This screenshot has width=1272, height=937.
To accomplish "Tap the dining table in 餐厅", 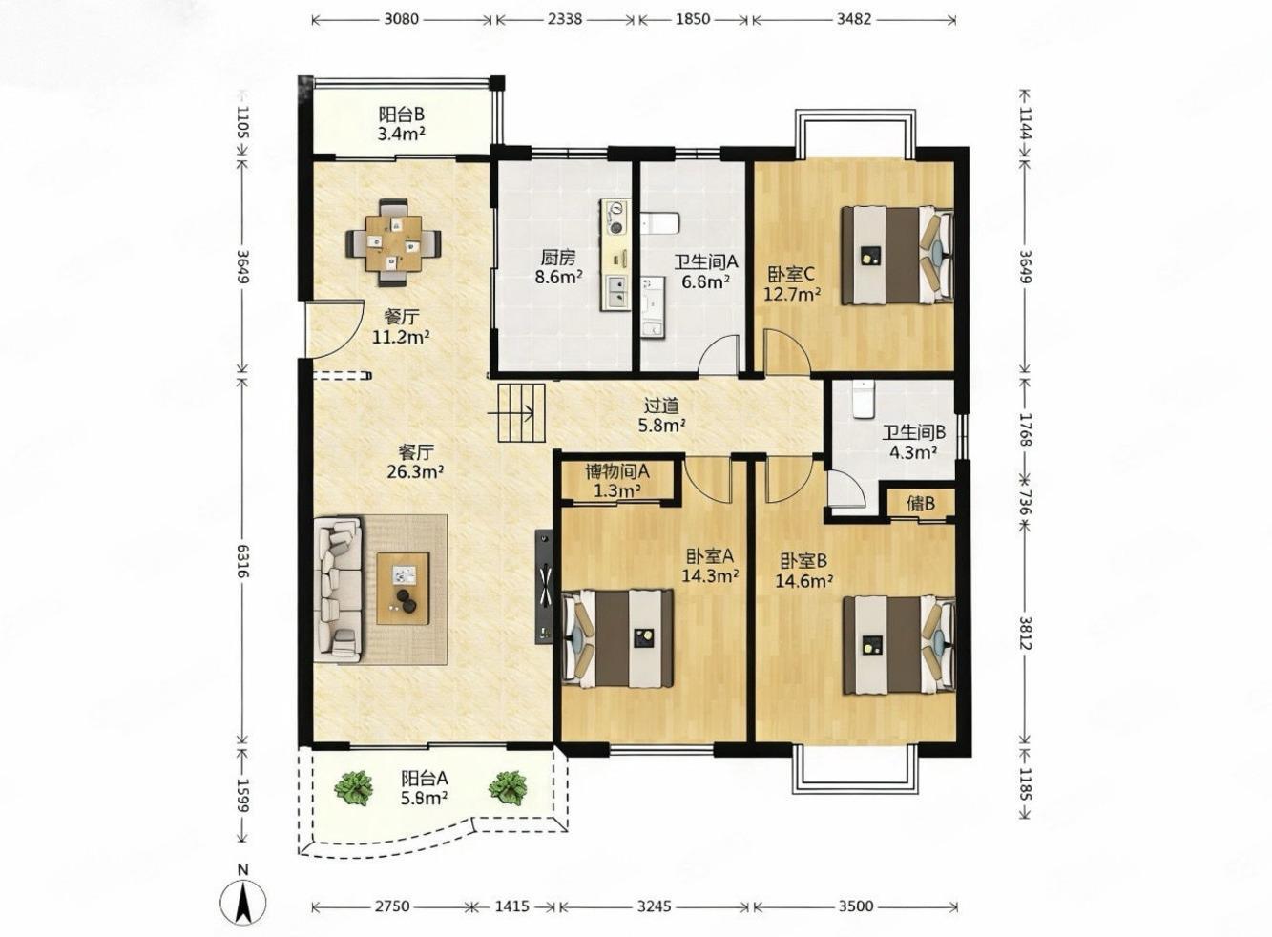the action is [393, 243].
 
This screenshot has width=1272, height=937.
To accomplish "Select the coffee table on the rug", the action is [403, 589].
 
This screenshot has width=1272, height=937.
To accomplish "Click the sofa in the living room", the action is [338, 589].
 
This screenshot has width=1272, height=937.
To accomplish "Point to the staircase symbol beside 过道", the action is [521, 413].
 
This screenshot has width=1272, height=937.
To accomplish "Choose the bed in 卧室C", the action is [897, 256].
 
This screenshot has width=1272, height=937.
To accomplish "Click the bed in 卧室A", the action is [617, 638].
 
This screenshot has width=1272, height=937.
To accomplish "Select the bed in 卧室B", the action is [898, 644].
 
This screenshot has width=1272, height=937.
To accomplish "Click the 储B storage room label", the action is [921, 503].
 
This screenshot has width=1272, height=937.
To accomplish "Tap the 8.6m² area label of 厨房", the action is [559, 277].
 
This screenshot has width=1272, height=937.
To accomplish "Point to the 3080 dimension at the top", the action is [402, 19].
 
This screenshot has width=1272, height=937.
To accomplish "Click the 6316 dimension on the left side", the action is [242, 561].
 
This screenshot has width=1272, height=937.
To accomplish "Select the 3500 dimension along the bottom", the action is [856, 906].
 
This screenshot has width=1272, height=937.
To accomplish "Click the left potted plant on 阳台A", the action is [354, 786].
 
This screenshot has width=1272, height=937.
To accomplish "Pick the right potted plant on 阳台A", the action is [508, 786].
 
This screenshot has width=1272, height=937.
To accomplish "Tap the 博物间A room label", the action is [617, 470].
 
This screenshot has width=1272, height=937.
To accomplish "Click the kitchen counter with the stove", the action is [615, 255].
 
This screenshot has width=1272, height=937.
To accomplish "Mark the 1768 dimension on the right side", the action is [1025, 430].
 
